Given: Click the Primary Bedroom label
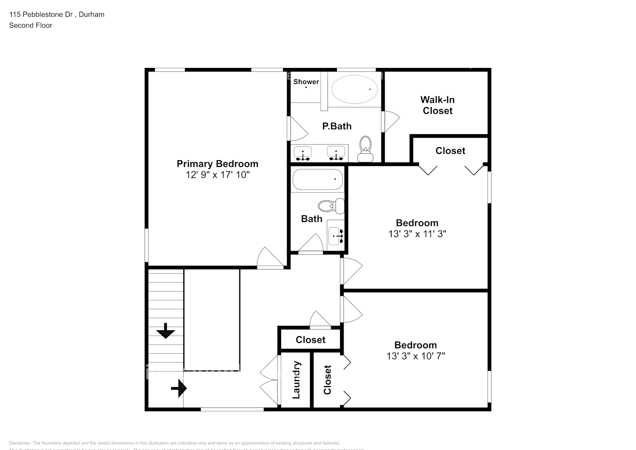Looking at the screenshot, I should [217, 164].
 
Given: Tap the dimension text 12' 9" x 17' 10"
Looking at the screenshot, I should [217, 175].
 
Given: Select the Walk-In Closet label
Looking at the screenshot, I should [437, 105].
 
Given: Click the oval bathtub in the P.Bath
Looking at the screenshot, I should [355, 89].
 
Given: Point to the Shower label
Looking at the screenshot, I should [306, 81].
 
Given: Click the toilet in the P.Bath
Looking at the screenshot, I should [365, 149].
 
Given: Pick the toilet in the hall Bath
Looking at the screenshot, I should [331, 207].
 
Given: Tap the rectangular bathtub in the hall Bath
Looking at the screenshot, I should [318, 180].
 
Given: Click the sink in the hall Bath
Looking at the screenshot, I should [336, 235].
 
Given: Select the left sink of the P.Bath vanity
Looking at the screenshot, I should [303, 153].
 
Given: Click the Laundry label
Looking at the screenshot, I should [296, 380].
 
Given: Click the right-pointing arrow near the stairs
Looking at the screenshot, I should [179, 388].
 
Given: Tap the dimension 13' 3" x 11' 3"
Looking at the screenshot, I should [417, 234].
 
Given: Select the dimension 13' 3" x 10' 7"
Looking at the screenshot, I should [416, 356].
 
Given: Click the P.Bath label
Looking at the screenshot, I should [337, 126].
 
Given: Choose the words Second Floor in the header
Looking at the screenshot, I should [31, 25].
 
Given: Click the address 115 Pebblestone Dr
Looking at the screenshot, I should [42, 14].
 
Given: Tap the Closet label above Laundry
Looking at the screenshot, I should [310, 340].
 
